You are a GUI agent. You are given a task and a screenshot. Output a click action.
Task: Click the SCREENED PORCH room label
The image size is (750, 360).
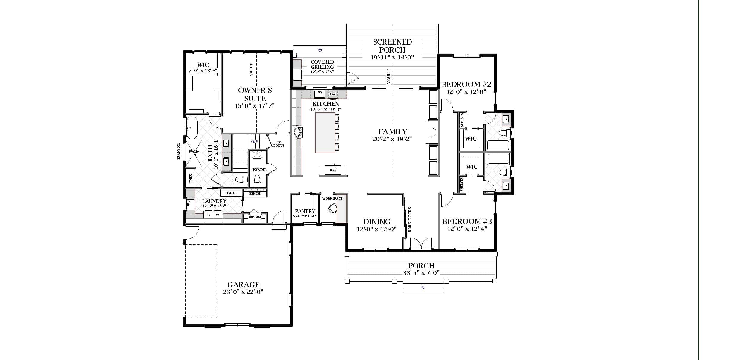point(392,46)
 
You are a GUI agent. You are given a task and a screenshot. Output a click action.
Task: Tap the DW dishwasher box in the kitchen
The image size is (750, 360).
point(333,94)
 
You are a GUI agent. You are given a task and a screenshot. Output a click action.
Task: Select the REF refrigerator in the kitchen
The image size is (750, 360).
point(333,170)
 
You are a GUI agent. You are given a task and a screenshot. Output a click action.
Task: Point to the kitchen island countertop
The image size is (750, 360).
point(325,133)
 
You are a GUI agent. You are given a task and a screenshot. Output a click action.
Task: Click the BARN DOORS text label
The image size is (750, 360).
point(410,219)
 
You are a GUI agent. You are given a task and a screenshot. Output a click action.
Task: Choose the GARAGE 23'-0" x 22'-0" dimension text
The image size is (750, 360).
point(243,292)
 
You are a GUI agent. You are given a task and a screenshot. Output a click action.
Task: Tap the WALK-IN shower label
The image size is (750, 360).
point(194,153)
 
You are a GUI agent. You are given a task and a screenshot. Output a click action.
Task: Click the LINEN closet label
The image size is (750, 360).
point(191,179)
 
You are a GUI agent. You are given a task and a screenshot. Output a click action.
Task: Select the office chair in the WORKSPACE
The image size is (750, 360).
point(332,208)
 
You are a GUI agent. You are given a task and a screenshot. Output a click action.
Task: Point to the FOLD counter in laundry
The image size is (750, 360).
point(231,193)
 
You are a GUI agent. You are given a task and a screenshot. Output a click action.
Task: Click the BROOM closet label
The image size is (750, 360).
point(255,217)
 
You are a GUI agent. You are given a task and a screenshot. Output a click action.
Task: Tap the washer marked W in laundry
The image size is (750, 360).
point(218,215)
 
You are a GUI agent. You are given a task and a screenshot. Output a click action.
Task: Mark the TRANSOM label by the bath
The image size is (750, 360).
point(179,151)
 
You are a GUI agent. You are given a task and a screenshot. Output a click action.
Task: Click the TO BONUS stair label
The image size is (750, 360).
point(278,144)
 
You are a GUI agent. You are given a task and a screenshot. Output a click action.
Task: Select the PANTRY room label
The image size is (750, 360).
point(305,211)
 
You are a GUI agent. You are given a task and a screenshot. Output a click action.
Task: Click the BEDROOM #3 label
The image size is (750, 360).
point(467,221)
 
